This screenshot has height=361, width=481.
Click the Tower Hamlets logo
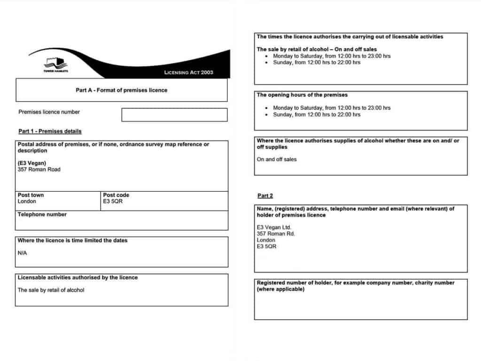tap(56, 64)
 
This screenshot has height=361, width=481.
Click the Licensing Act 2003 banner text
tap(188, 72)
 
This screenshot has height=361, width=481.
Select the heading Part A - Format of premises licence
tap(121, 90)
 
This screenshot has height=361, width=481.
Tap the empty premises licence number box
tap(174, 115)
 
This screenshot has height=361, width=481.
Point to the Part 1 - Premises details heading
tap(50, 131)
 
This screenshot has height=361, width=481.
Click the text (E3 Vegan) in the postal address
tap(32, 163)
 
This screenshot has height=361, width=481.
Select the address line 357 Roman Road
tap(39, 170)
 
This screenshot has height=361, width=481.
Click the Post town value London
tap(27, 201)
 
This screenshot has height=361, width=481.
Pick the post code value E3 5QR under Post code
tap(113, 201)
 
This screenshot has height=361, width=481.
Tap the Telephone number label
tap(42, 214)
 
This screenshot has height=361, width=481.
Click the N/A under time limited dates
tap(23, 253)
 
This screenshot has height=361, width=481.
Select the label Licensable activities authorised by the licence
tap(78, 277)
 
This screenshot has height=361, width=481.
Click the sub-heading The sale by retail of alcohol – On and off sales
tap(317, 49)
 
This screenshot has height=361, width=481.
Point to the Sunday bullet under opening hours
tap(317, 114)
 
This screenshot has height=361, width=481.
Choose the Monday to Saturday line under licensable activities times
tap(332, 56)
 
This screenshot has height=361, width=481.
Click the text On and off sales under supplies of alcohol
tap(277, 159)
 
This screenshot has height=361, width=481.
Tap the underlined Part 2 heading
tap(265, 196)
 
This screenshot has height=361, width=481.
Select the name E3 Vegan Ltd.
tap(274, 227)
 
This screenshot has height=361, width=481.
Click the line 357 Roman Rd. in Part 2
tap(276, 234)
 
